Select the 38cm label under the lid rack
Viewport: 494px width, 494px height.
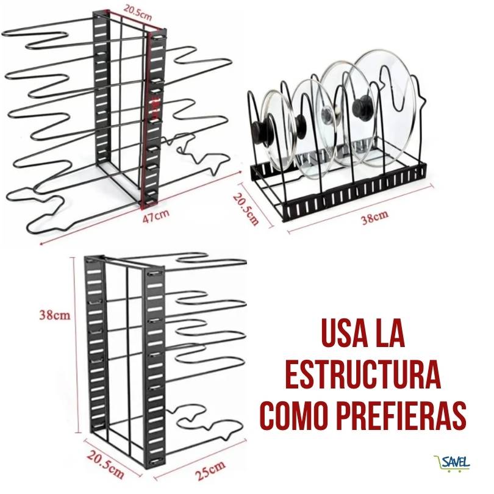374,217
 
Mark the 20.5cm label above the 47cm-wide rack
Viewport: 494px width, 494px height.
137,12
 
